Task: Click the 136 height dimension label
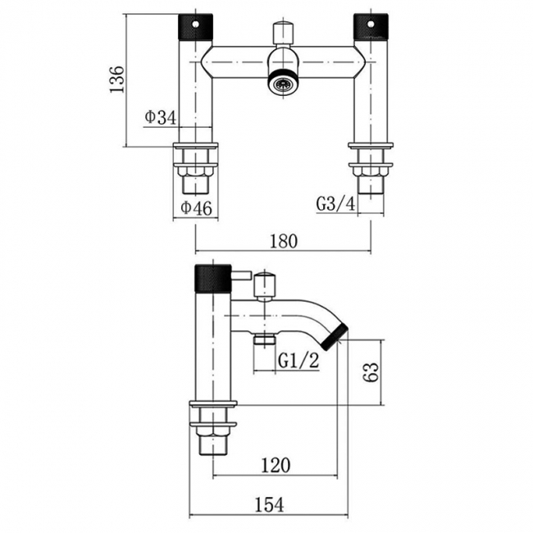coord(117,80)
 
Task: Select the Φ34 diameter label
coord(161,117)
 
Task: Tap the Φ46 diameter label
coord(196,207)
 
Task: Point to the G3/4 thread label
coord(336,204)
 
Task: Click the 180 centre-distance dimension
coord(284,241)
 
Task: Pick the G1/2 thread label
coord(298,360)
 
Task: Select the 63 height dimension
coord(370,372)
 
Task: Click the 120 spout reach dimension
coord(276,465)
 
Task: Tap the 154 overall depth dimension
coord(269,504)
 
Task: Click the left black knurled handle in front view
coord(196,27)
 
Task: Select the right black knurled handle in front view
coord(371,27)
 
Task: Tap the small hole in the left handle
coord(196,25)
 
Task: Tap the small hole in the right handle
coord(371,25)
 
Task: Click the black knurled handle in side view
coord(213,278)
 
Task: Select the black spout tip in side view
coord(336,338)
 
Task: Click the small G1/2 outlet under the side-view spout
coord(265,339)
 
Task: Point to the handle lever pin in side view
coord(241,276)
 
